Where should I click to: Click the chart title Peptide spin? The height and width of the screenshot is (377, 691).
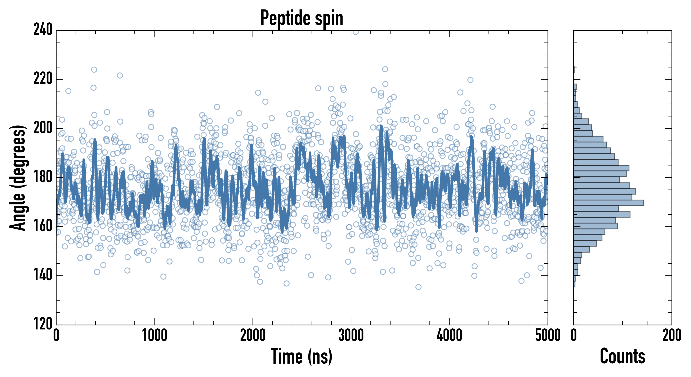click(302, 18)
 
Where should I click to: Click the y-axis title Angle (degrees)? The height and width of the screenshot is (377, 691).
click(18, 178)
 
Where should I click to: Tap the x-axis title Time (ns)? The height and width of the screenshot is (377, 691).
click(302, 356)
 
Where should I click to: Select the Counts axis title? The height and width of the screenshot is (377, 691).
click(622, 356)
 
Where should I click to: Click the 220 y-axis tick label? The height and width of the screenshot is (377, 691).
click(43, 79)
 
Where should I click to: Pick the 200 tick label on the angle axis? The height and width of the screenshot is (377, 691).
click(43, 128)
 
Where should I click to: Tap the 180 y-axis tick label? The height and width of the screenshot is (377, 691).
click(43, 177)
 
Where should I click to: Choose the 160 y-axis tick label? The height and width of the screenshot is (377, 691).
click(43, 226)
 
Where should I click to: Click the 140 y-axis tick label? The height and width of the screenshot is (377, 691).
click(43, 275)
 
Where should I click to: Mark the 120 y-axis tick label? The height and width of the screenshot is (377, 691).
click(43, 324)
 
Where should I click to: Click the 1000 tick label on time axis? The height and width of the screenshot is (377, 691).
click(155, 335)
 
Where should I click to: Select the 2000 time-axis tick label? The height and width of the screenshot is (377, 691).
click(253, 335)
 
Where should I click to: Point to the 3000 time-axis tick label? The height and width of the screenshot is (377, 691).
click(351, 335)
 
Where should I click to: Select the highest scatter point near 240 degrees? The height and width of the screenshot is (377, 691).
click(355, 32)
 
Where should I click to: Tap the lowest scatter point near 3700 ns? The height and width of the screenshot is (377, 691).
click(418, 287)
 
